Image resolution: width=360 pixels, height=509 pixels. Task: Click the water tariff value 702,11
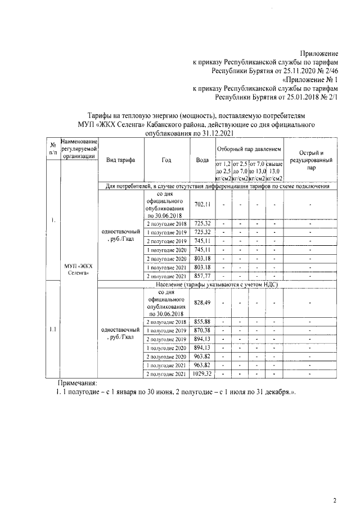pyautogui.click(x=202, y=204)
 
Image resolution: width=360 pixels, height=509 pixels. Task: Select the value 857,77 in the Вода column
pyautogui.click(x=202, y=277)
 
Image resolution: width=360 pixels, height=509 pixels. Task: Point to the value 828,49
pyautogui.click(x=202, y=303)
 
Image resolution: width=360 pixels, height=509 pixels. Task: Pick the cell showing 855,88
pyautogui.click(x=202, y=321)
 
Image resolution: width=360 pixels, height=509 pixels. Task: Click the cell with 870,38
pyautogui.click(x=202, y=330)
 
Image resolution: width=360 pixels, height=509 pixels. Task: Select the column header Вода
pyautogui.click(x=202, y=159)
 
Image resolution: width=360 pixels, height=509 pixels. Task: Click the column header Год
pyautogui.click(x=166, y=159)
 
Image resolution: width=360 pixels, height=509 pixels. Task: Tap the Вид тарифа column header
pyautogui.click(x=120, y=159)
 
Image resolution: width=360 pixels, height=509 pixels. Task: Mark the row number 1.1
pyautogui.click(x=52, y=330)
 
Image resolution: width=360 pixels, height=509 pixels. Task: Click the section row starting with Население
pyautogui.click(x=217, y=285)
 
